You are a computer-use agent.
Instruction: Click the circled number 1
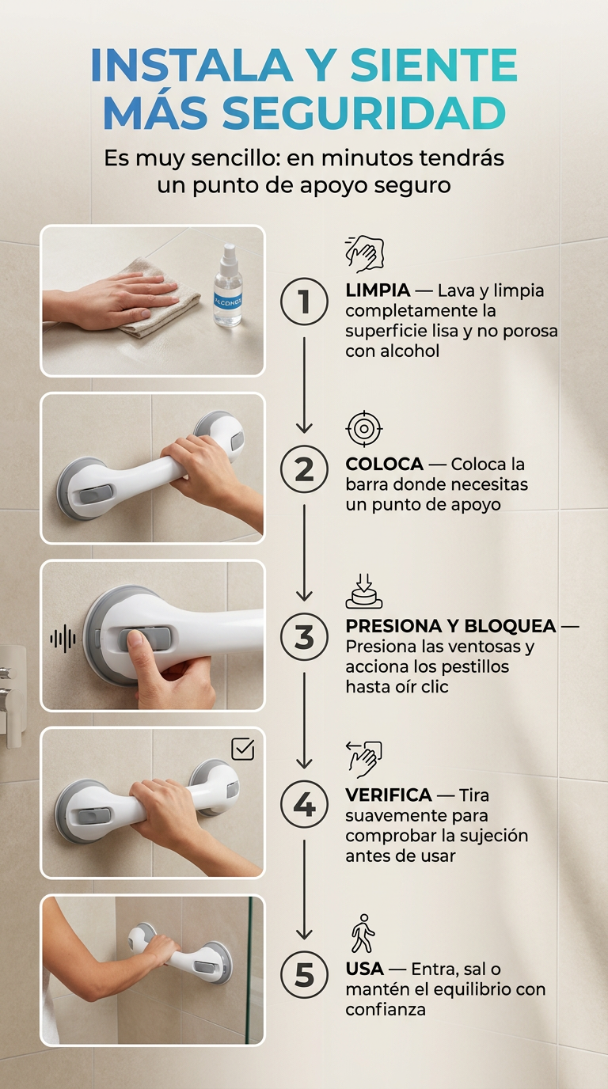[305, 302]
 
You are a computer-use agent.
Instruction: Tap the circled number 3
[305, 637]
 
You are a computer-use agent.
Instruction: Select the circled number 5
[305, 975]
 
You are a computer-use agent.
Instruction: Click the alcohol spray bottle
[228, 286]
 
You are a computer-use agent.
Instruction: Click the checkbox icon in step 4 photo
[243, 749]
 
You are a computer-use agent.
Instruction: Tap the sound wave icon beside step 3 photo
[63, 639]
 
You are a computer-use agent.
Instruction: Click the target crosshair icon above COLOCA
[364, 429]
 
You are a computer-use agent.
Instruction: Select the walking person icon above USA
[363, 933]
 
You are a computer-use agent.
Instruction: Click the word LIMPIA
[378, 290]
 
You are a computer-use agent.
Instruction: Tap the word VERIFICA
[389, 795]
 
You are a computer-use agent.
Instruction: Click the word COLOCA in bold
[384, 464]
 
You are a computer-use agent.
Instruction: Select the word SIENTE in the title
[433, 65]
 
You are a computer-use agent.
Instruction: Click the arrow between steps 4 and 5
[305, 890]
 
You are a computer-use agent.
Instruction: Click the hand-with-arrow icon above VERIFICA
[364, 759]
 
